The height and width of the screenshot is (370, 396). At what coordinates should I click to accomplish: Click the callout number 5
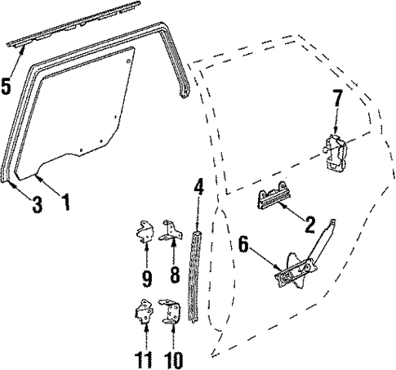[x=7, y=84]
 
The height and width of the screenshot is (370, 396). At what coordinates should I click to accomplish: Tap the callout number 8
[x=175, y=278]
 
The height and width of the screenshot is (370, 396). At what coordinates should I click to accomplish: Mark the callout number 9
[x=146, y=279]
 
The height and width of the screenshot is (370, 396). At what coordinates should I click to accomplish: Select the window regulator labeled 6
[x=298, y=265]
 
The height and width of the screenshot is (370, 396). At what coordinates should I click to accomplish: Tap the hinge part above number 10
[x=173, y=310]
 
